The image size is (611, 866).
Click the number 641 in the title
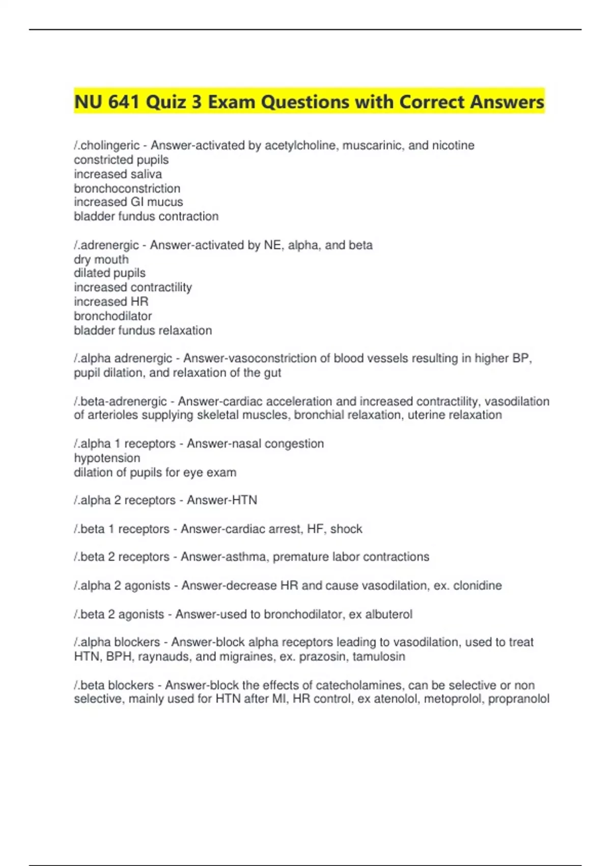[124, 102]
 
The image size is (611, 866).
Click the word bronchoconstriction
[127, 188]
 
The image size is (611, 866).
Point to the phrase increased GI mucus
[128, 202]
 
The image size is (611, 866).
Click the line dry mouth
[101, 259]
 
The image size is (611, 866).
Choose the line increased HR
[111, 302]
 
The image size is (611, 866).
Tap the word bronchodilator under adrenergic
[113, 316]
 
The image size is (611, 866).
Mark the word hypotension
[106, 458]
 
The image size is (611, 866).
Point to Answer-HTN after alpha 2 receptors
[221, 500]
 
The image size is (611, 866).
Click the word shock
[346, 529]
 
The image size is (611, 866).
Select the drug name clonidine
[477, 586]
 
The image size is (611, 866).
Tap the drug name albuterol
[388, 614]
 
